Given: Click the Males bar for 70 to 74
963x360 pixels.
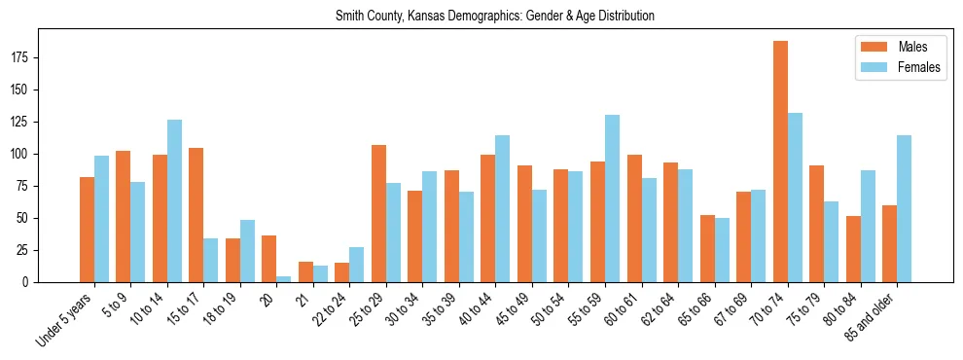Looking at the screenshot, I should coord(780,162).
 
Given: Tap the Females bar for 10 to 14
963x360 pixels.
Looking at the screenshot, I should coord(174,200).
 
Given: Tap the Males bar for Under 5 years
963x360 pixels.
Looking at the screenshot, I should coord(87,230).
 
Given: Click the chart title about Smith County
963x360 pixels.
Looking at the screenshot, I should coord(494,17).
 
